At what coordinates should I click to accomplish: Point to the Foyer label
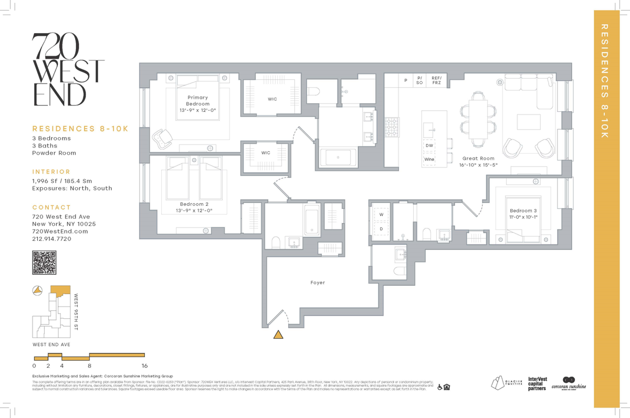[318, 283]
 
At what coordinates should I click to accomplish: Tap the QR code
[44, 263]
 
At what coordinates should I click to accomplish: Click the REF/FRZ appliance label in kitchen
[436, 80]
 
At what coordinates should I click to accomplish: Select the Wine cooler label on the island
[429, 159]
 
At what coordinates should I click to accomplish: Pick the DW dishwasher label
[429, 145]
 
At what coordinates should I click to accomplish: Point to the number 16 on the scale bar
[143, 365]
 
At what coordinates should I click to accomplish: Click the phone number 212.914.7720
[51, 238]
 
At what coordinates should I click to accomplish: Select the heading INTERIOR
[51, 172]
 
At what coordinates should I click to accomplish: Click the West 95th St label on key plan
[76, 312]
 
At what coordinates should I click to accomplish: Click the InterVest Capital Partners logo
[537, 383]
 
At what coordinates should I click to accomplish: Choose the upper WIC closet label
[272, 99]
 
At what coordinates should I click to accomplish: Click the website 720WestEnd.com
[59, 231]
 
